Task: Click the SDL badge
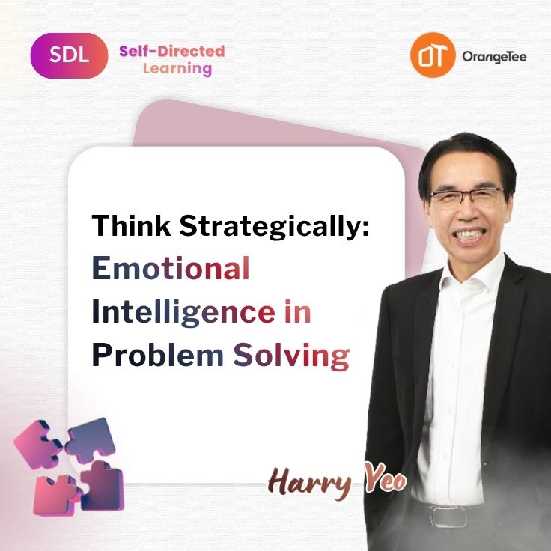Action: tap(69, 55)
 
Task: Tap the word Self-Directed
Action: tap(172, 52)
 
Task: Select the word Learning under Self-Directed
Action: tap(177, 69)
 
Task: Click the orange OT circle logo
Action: tap(433, 55)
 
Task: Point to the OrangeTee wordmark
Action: tap(494, 57)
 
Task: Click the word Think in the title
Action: tap(131, 225)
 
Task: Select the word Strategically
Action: tap(275, 227)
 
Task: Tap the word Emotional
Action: tap(171, 268)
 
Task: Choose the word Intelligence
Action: tap(183, 311)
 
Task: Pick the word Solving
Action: tap(291, 356)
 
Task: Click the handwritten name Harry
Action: tap(310, 482)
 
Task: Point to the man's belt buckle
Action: tap(448, 516)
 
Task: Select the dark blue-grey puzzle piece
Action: tap(91, 439)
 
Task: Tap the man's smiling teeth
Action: tap(469, 234)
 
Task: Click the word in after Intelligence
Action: tap(298, 311)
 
